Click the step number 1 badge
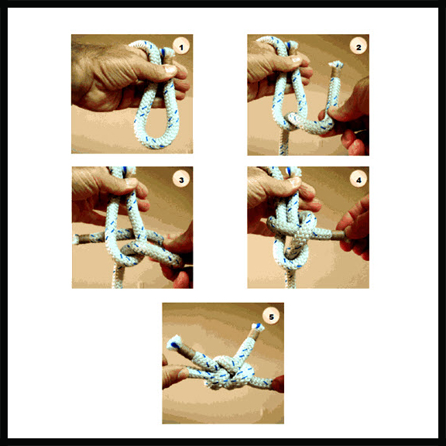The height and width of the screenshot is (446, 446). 181,46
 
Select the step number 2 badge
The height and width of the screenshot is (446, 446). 359,46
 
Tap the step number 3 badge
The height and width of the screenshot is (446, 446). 181,179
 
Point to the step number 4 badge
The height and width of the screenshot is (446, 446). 359,179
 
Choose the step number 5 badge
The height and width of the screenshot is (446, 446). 271,316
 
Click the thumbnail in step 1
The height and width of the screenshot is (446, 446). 170,70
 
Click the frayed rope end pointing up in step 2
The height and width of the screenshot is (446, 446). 336,66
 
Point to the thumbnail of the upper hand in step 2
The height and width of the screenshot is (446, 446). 297,59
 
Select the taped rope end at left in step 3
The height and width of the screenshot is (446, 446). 80,238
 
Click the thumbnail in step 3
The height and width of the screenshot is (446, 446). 131,182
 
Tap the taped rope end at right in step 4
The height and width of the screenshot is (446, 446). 338,235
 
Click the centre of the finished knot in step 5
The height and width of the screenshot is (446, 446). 229,372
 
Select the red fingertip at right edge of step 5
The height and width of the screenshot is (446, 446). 278,384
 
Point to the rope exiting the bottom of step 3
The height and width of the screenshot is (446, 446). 118,276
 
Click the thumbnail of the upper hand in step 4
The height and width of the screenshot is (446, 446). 295,181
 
